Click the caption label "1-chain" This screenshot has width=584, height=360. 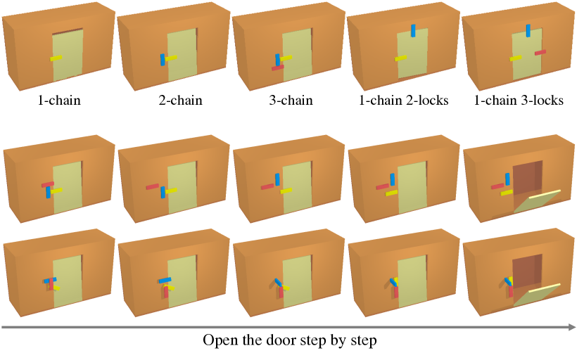click(59, 100)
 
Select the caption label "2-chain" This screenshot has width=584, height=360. click(180, 100)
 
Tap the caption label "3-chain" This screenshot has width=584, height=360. click(291, 100)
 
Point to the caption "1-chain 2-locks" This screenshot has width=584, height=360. click(403, 100)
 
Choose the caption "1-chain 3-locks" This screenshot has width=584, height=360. click(519, 100)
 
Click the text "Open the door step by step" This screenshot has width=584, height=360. click(290, 341)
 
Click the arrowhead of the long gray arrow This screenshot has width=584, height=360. click(571, 327)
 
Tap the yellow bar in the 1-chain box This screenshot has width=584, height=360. click(56, 58)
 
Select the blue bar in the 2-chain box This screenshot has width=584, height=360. click(163, 60)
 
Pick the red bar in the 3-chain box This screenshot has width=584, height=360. click(278, 68)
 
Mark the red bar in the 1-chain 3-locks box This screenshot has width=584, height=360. click(540, 52)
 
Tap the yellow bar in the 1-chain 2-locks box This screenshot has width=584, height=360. click(401, 58)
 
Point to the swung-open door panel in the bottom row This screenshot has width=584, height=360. click(538, 295)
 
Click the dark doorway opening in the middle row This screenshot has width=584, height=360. click(528, 179)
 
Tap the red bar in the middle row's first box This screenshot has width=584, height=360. click(48, 184)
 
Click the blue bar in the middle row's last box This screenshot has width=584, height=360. click(507, 179)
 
